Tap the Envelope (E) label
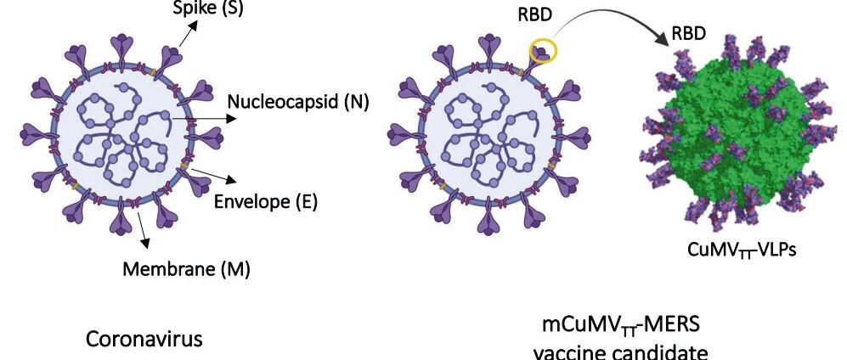265,201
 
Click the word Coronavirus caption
144,339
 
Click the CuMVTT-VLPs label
737,250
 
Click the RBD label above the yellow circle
535,16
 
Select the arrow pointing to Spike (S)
189,32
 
